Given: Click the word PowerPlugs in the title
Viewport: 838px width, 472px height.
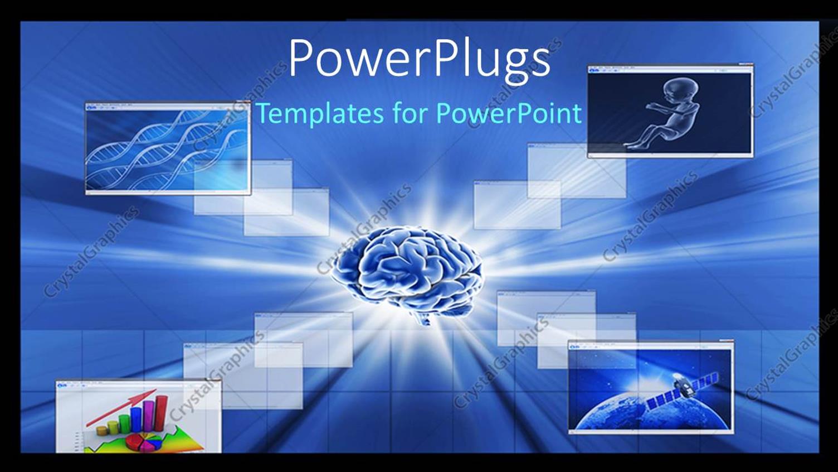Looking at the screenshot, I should pos(419,59).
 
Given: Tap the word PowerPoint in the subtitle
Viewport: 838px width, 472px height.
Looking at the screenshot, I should pos(508,113).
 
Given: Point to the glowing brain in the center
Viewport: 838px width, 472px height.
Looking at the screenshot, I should pos(407,268).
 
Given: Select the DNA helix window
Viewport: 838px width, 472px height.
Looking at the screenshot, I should pos(168,148).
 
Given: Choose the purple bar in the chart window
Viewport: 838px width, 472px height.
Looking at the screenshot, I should pos(149,416).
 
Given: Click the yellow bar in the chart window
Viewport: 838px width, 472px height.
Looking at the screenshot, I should pos(113,428).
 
